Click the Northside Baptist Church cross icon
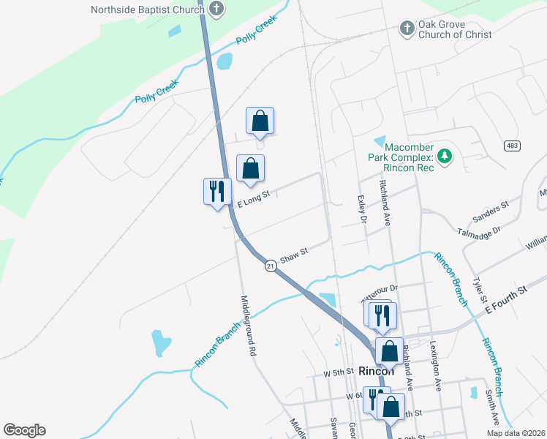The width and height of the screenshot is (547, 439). click(216, 10)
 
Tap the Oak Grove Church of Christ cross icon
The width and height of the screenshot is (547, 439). click(407, 29)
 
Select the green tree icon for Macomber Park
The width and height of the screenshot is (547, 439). click(444, 156)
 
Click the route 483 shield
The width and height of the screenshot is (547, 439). click(511, 146)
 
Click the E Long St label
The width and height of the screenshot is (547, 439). click(253, 195)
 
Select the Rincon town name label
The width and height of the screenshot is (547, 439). click(376, 371)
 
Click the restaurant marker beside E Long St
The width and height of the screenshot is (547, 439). click(217, 192)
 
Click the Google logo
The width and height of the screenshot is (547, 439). click(24, 430)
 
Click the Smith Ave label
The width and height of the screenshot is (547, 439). click(491, 406)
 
